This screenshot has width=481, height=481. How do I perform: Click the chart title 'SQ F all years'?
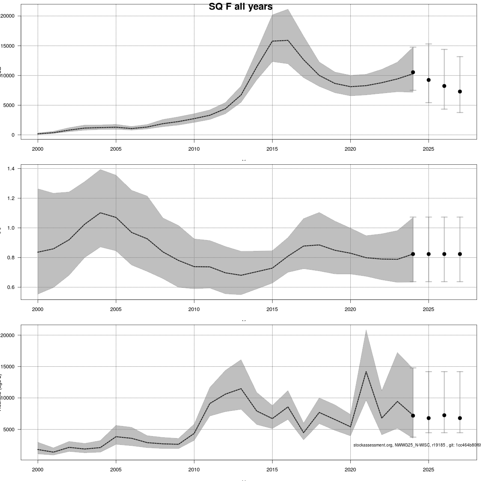[x=240, y=7]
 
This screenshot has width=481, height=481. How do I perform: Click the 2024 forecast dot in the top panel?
[x=413, y=72]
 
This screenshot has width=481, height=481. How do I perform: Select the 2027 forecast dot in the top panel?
[x=460, y=91]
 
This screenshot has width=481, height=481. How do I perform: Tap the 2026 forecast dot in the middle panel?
[x=444, y=254]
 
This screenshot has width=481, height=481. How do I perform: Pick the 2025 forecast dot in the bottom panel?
[x=428, y=418]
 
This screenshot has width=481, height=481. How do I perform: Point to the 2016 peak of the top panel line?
[x=288, y=40]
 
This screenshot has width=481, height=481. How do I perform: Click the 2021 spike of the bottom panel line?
[x=366, y=372]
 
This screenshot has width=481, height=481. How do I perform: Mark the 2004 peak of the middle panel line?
[x=100, y=213]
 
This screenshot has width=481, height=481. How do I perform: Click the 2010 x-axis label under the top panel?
[x=194, y=149]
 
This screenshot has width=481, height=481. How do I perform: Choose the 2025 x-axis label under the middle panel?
[x=428, y=309]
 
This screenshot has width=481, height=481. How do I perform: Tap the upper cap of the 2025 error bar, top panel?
[x=428, y=44]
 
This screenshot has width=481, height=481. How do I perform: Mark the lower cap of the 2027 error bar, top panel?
[x=460, y=113]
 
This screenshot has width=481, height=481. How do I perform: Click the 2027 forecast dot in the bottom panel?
[x=460, y=418]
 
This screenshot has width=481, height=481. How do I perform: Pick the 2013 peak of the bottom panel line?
[x=241, y=388]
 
